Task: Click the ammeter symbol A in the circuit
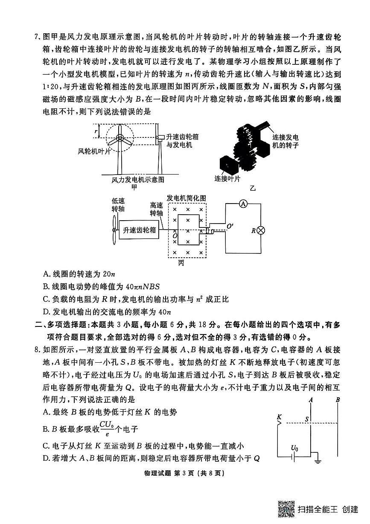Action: (x=243, y=204)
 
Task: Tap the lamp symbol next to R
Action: (x=260, y=230)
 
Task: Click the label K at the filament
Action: (x=279, y=416)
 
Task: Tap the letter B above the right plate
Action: (x=338, y=400)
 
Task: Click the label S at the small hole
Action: (x=307, y=419)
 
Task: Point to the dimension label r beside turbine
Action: (x=96, y=131)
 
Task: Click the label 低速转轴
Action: (x=118, y=205)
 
